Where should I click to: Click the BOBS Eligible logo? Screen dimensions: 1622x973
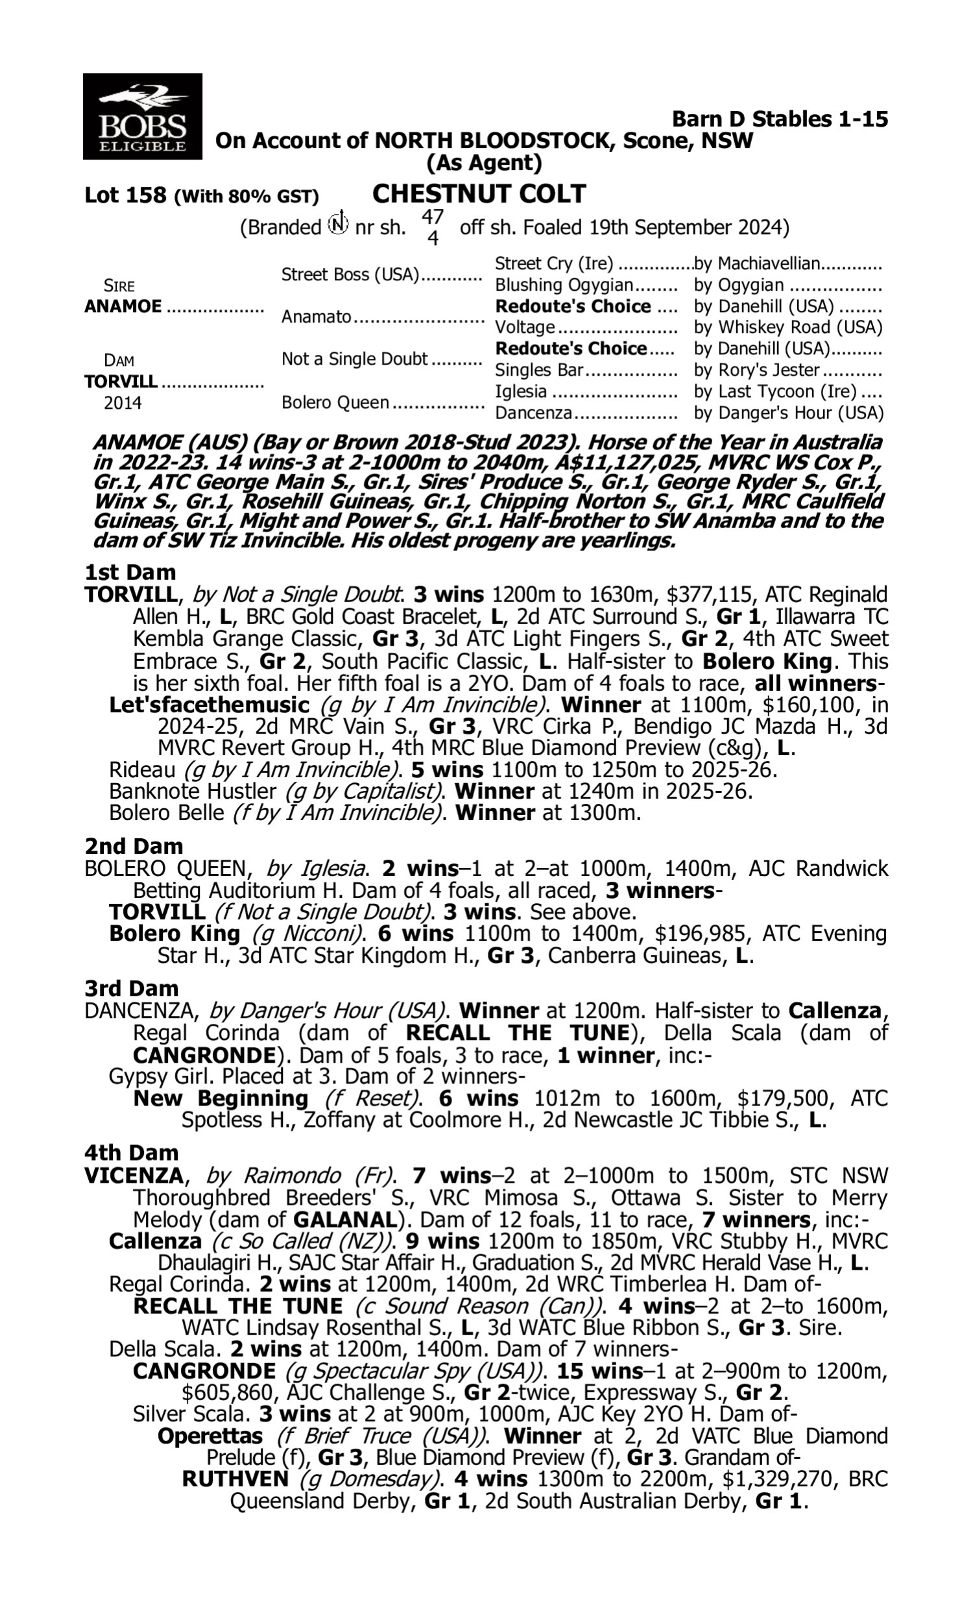pos(142,116)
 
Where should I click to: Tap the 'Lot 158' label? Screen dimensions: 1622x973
pos(125,195)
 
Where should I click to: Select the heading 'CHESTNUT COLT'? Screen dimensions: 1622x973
pos(479,194)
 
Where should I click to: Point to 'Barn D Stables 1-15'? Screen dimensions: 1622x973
pos(780,119)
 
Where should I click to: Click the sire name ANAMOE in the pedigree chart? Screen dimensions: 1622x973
pos(123,306)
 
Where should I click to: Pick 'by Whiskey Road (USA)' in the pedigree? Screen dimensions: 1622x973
pos(788,327)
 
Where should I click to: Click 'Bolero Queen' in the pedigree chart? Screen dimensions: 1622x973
pos(335,402)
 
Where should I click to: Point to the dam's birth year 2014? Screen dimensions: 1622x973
pos(123,402)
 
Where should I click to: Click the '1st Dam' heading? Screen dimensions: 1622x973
pos(130,572)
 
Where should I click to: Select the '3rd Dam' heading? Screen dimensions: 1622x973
pos(131,988)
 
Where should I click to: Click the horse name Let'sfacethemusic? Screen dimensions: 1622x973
pos(208,705)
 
